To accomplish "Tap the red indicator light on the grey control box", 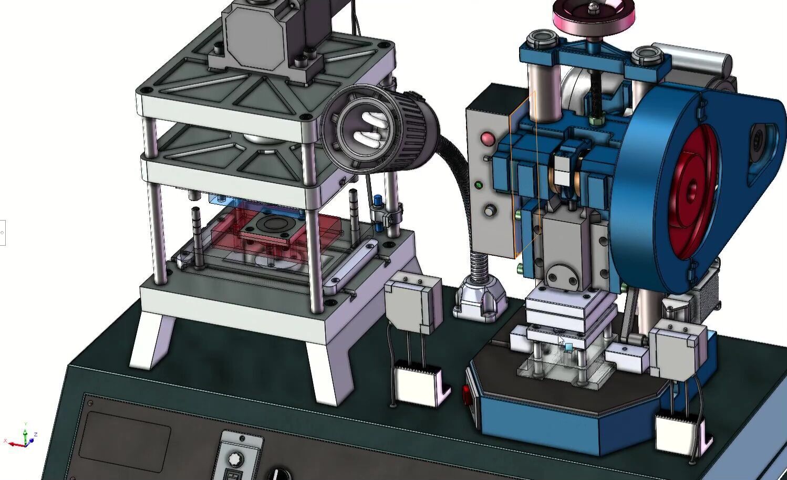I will (487, 139).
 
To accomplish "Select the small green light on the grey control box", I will (479, 185).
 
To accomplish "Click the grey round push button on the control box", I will (490, 211).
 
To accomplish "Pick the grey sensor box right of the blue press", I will (678, 349).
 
